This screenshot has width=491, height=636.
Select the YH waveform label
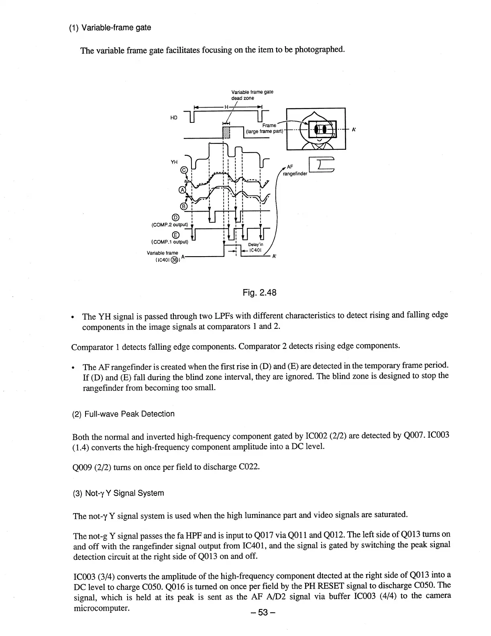click(174, 162)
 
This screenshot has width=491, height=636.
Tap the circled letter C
click(184, 170)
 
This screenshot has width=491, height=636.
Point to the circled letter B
click(184, 206)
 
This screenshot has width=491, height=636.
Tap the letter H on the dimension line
click(226, 107)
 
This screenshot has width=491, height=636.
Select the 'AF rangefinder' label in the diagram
click(295, 171)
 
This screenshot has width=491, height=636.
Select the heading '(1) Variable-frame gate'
click(110, 28)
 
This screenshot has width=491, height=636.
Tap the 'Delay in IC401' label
click(255, 247)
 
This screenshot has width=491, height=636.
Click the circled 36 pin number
click(174, 260)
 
